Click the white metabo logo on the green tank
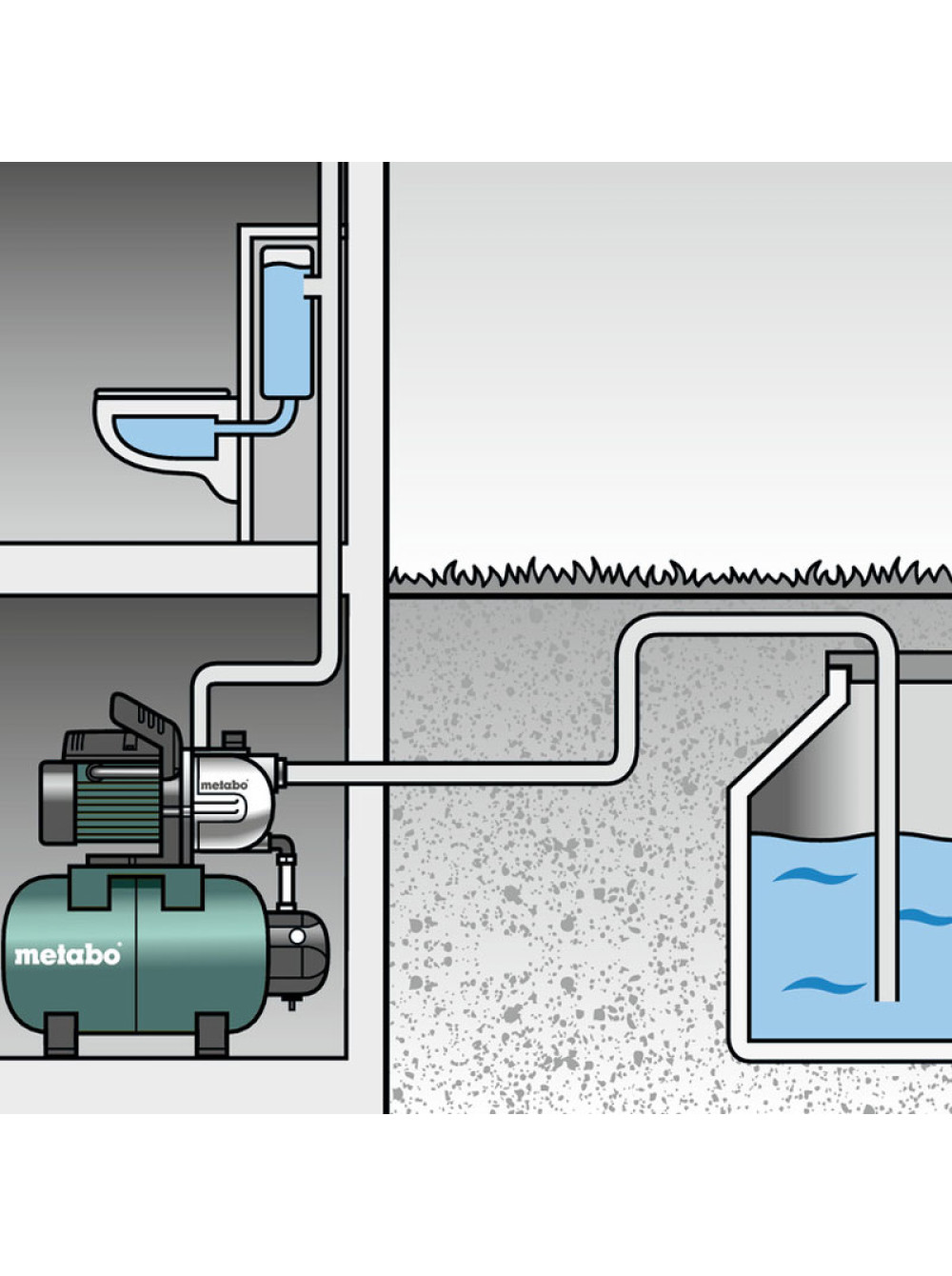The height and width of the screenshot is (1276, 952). point(68,954)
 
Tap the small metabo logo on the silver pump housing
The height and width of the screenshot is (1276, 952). point(224,785)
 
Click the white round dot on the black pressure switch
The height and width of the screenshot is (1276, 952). point(297,936)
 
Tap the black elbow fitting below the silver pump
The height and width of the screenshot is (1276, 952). point(284,847)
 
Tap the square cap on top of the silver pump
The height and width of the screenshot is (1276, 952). point(233,740)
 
